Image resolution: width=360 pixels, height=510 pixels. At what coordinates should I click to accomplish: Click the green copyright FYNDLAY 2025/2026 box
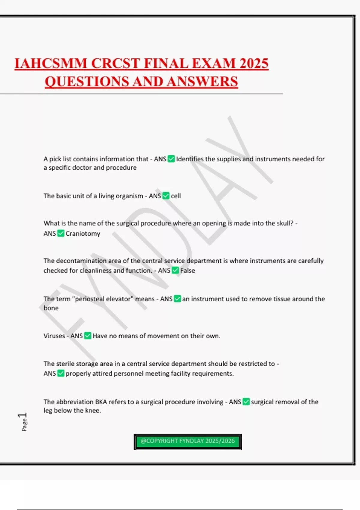tap(187, 442)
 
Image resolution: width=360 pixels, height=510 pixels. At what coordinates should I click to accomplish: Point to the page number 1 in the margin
tap(23, 416)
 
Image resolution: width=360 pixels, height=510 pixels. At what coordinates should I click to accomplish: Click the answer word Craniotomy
tap(83, 233)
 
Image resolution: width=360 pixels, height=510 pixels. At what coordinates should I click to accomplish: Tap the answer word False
tap(187, 271)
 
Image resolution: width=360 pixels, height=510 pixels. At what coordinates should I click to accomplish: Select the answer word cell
tap(176, 196)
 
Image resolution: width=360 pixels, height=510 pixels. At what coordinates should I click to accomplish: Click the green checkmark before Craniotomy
tap(61, 233)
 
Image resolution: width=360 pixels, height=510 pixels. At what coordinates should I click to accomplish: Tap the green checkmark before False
tap(175, 271)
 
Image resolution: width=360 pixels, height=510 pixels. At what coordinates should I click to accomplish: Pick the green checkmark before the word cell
tap(166, 196)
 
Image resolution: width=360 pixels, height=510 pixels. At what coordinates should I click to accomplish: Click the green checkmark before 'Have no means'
tap(88, 336)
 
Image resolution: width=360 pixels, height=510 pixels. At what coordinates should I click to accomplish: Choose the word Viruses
tap(54, 336)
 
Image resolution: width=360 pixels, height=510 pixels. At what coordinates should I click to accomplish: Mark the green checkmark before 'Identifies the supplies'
tap(171, 159)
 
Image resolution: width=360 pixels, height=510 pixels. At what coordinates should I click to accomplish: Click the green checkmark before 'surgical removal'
tap(246, 402)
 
